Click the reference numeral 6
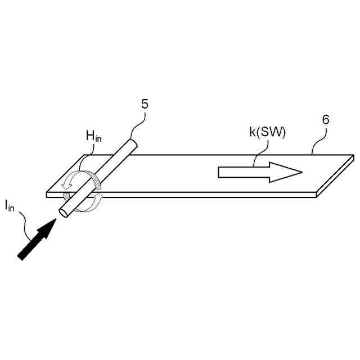(326, 120)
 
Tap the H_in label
(93, 135)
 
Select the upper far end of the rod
(133, 144)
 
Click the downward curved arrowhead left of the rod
(67, 186)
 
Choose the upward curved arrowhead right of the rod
(98, 196)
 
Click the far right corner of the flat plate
(353, 155)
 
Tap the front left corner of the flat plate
(47, 195)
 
